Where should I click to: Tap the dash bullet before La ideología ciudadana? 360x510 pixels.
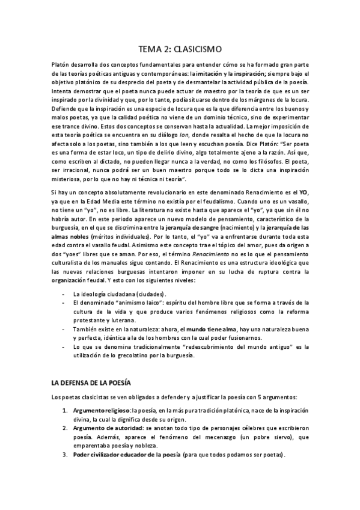pyautogui.click(x=64, y=293)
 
